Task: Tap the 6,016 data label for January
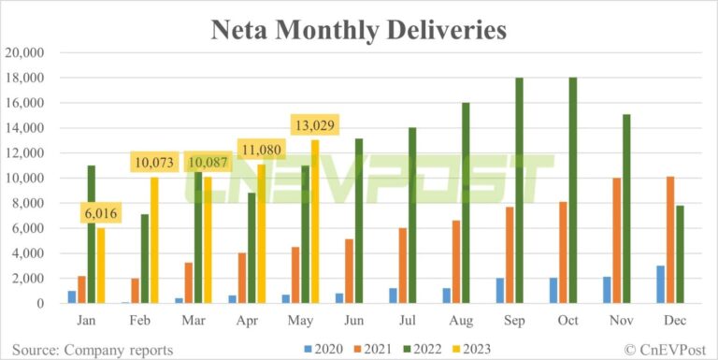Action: (x=101, y=214)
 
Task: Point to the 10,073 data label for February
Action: (x=154, y=164)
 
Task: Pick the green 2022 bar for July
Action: (x=412, y=215)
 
